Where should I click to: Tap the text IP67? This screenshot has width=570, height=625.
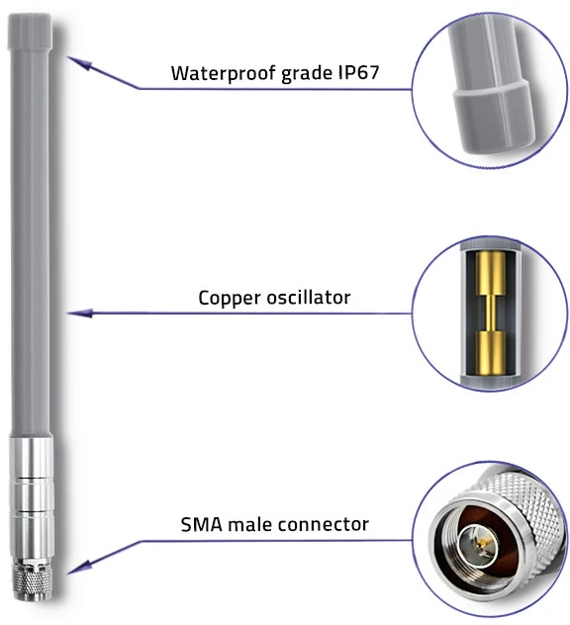[x=358, y=72]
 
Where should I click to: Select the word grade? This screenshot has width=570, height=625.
[x=307, y=74]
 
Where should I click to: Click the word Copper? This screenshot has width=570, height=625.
[x=230, y=299]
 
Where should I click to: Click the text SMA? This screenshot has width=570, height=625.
[x=202, y=524]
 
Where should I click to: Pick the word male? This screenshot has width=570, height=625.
[x=249, y=524]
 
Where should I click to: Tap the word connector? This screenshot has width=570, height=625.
[x=323, y=525]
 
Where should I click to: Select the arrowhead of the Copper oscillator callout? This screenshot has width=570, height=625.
[x=80, y=313]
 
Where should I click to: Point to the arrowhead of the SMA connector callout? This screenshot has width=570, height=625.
[x=78, y=568]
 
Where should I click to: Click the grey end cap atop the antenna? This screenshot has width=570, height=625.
[x=30, y=31]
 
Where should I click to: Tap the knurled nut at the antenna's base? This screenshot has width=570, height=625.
[x=31, y=578]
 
